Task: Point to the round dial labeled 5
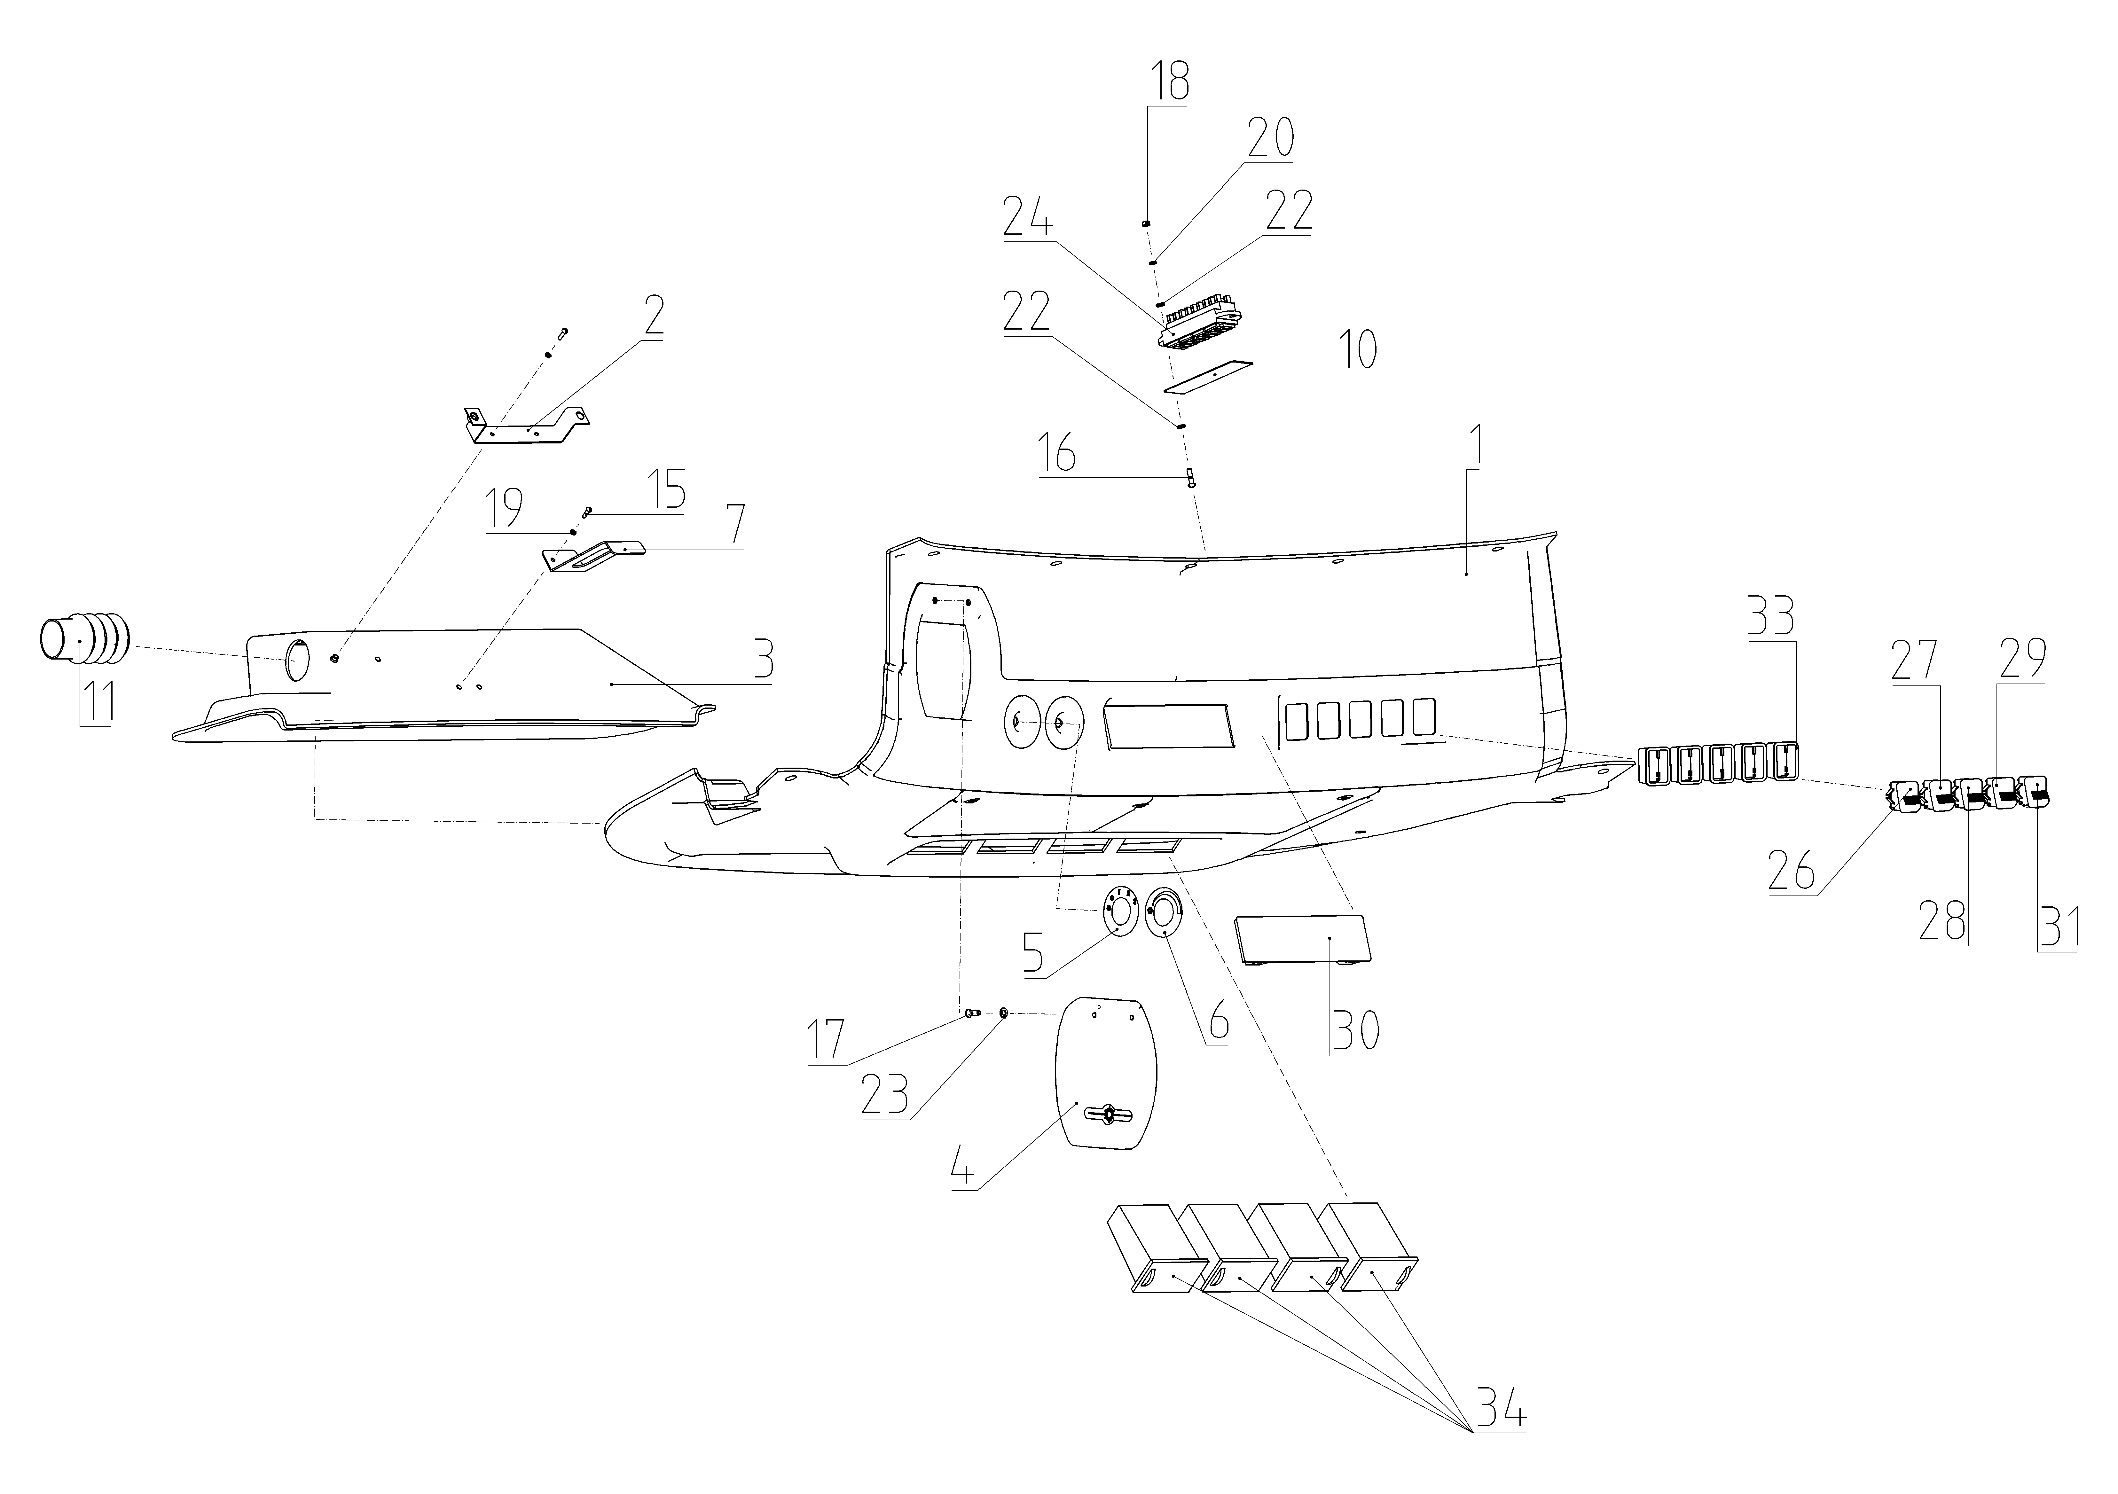pos(1118,913)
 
